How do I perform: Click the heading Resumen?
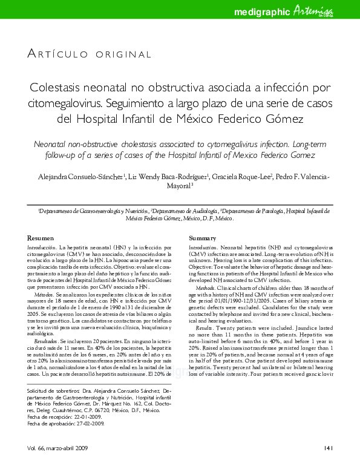coord(43,238)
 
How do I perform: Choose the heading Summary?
coord(203,238)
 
